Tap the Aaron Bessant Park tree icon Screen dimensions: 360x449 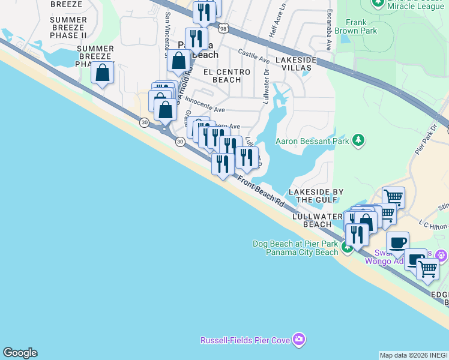[358, 140]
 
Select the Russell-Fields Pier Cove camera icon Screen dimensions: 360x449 [298, 341]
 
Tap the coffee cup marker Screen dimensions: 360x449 [397, 242]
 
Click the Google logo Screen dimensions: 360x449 [20, 353]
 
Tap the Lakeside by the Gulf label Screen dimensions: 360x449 [315, 196]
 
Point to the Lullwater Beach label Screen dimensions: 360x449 [318, 220]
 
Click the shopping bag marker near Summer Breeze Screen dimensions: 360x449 [103, 73]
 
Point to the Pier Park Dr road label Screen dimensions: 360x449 [427, 142]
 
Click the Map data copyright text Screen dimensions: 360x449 [414, 355]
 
